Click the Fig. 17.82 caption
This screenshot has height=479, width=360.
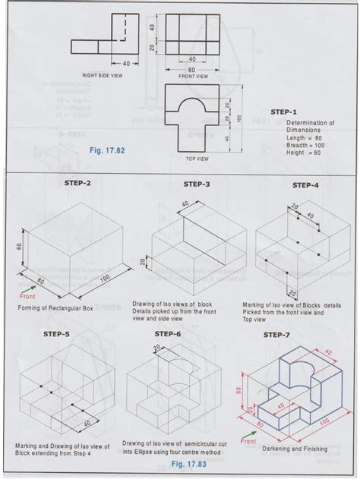106,150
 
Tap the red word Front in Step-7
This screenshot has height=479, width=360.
249,439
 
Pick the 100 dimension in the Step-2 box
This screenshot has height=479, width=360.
96,282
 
